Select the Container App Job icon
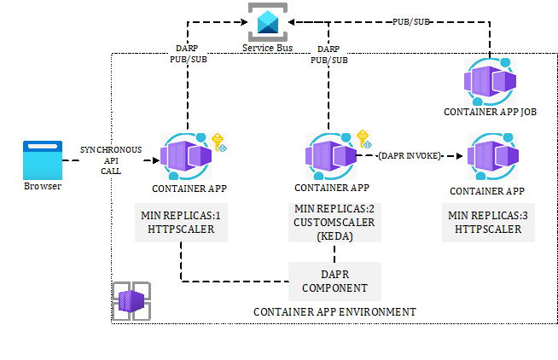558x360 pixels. tap(490, 83)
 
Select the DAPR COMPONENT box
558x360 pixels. tap(334, 281)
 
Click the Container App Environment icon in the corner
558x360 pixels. tap(132, 300)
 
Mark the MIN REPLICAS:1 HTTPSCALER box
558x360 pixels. tap(180, 224)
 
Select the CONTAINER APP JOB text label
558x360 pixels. tap(490, 111)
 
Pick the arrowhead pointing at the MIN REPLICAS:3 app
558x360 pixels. tap(459, 156)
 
